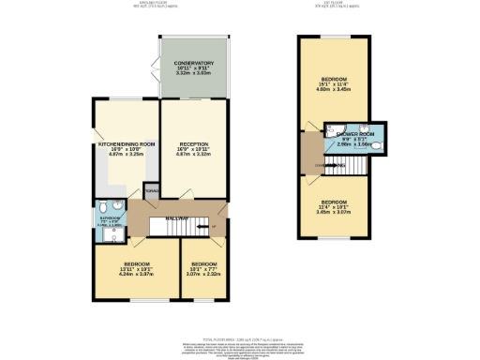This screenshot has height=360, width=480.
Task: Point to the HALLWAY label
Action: click(178, 218)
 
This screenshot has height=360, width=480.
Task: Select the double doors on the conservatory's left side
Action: click(155, 70)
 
